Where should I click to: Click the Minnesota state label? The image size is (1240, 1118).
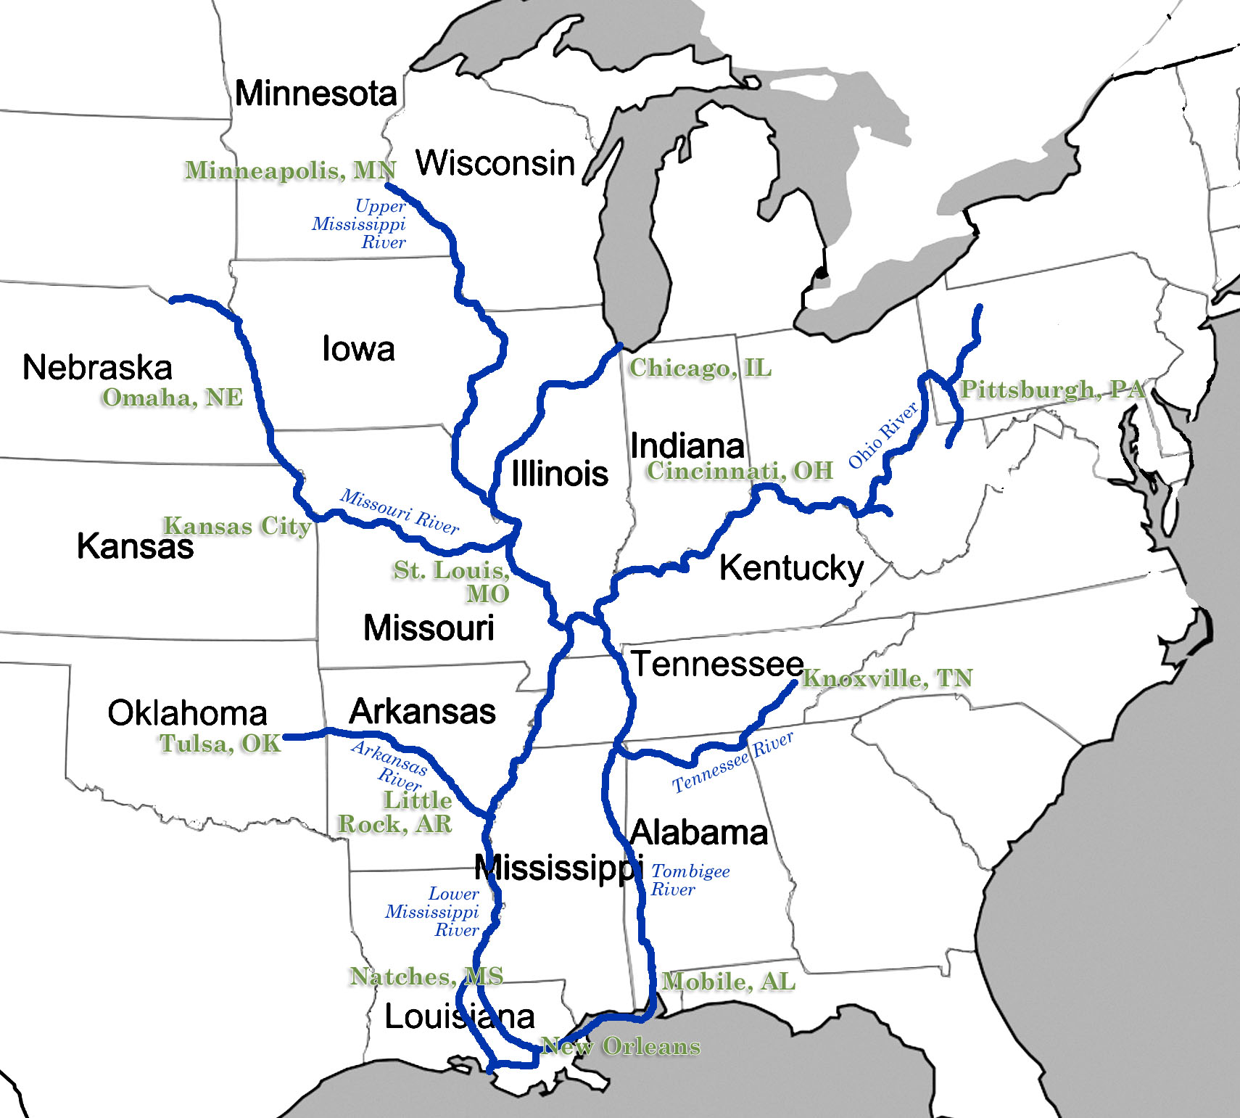pyautogui.click(x=316, y=94)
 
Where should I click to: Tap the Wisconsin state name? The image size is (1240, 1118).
pyautogui.click(x=495, y=163)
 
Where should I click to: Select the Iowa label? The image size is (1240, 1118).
pyautogui.click(x=358, y=349)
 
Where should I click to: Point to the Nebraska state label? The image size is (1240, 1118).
pyautogui.click(x=97, y=367)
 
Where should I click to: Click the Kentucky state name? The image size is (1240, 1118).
pyautogui.click(x=791, y=568)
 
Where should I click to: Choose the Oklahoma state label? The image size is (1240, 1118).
pyautogui.click(x=187, y=713)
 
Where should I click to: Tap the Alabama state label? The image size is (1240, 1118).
pyautogui.click(x=699, y=832)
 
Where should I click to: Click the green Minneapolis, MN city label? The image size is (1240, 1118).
pyautogui.click(x=290, y=170)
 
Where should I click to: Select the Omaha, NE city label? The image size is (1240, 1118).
pyautogui.click(x=173, y=398)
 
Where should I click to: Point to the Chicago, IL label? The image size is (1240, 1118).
pyautogui.click(x=700, y=368)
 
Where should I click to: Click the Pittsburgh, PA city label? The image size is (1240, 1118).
pyautogui.click(x=1052, y=390)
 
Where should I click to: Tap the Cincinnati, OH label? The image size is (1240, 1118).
pyautogui.click(x=740, y=471)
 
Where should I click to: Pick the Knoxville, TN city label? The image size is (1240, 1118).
pyautogui.click(x=887, y=678)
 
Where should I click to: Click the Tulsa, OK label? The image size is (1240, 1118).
pyautogui.click(x=220, y=744)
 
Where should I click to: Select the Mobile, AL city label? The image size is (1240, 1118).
pyautogui.click(x=729, y=982)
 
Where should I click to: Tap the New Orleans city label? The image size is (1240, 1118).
pyautogui.click(x=621, y=1046)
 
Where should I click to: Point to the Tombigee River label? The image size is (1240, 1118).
pyautogui.click(x=690, y=880)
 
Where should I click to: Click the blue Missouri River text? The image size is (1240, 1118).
pyautogui.click(x=400, y=511)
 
